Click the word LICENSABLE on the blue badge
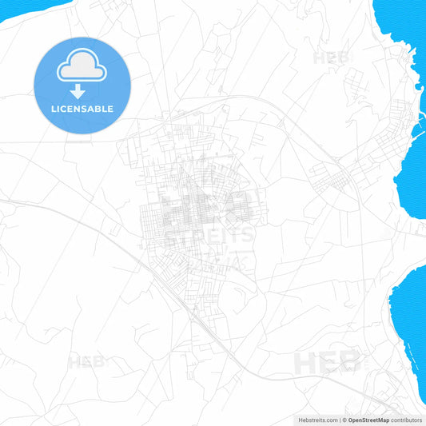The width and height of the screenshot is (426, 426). coord(82,109)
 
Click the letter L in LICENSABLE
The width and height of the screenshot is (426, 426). coord(53,109)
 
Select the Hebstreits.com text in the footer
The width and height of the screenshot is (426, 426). coord(313,420)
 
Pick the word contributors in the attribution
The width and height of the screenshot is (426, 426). coord(407,420)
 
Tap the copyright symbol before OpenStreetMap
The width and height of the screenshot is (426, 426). coord(344,420)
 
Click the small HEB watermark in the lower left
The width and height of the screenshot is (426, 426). coord(86,362)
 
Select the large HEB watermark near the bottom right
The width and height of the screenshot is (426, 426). coord(327,361)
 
